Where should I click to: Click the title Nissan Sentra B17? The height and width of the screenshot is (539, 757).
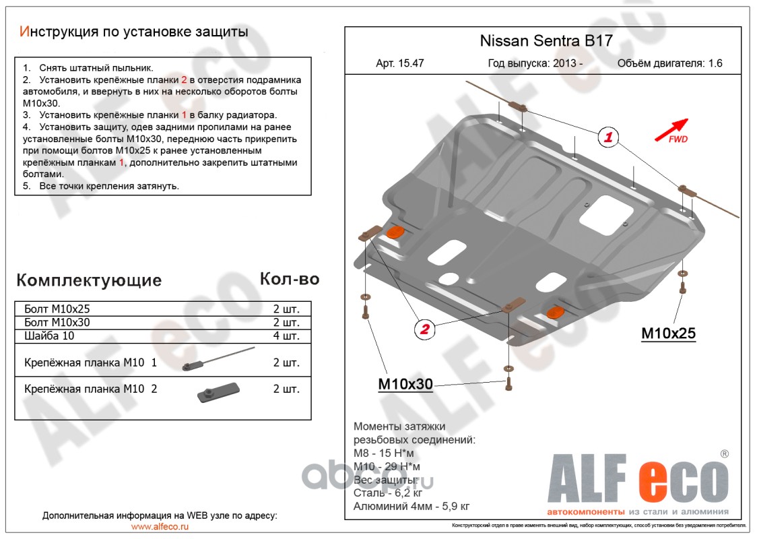(546, 40)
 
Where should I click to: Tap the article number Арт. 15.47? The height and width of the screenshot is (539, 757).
(400, 64)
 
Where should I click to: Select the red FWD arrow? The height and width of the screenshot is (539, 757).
(671, 129)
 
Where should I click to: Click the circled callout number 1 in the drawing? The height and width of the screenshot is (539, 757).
(608, 138)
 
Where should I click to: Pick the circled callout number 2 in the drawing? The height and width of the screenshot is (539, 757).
(424, 329)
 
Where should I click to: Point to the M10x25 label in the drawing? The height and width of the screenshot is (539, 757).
(668, 333)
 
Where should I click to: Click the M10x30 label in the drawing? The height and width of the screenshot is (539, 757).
(405, 384)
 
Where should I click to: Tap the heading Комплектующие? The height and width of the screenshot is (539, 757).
(89, 280)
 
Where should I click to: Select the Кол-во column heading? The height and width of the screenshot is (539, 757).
(290, 279)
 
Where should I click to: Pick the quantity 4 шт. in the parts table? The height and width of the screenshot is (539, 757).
(286, 336)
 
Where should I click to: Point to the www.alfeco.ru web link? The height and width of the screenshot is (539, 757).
(160, 526)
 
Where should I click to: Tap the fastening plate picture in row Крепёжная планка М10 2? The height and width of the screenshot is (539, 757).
(218, 391)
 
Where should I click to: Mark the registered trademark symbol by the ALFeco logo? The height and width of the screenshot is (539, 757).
(724, 454)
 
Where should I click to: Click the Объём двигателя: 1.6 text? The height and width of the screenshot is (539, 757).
(669, 64)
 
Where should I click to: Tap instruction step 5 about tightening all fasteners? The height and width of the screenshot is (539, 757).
(101, 186)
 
